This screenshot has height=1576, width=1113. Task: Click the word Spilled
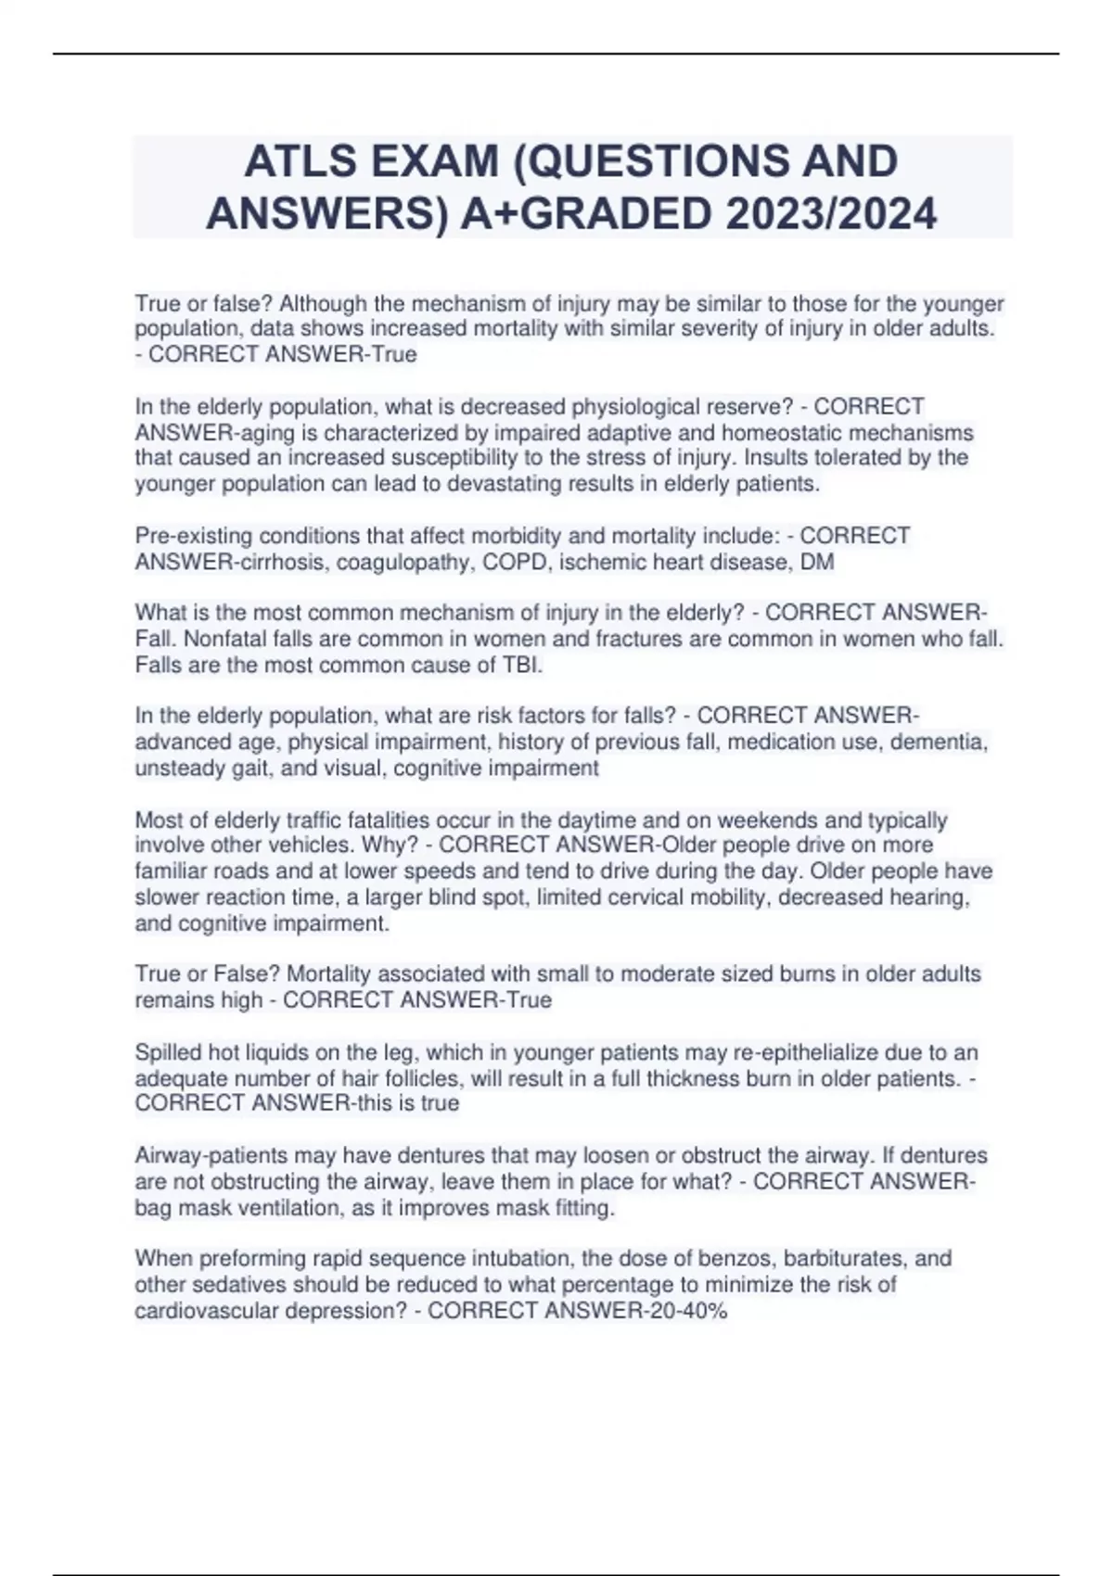[x=167, y=1052]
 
